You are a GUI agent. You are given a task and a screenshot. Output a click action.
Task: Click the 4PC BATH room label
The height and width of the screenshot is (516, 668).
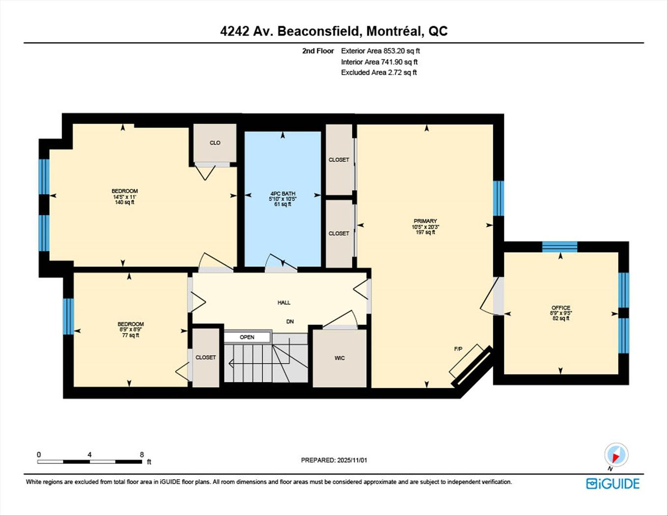(282, 194)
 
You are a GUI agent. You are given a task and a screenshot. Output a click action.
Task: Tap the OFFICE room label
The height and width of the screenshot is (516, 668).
(561, 308)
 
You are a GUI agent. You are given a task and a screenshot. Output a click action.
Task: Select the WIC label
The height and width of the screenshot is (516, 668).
(339, 358)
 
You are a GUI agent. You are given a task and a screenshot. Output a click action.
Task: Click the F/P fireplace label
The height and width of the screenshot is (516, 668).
(458, 349)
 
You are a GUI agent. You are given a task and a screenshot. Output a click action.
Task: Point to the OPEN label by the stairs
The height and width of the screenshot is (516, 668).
(247, 337)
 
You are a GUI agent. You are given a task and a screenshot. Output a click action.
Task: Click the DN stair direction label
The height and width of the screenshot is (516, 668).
(290, 321)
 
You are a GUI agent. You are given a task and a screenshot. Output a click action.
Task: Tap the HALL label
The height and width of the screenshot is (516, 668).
(284, 303)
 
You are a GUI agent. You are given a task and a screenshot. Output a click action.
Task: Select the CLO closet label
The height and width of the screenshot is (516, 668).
(215, 143)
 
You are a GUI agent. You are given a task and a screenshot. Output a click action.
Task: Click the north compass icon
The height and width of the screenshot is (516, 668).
(616, 455)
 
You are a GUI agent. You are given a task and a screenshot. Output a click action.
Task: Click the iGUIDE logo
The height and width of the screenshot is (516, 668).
(613, 484)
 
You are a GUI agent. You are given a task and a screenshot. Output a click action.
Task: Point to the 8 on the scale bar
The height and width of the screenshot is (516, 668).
(141, 455)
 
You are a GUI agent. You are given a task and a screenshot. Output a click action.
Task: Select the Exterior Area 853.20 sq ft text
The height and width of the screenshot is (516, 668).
(380, 51)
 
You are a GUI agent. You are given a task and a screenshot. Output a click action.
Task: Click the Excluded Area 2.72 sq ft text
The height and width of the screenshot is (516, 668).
(379, 72)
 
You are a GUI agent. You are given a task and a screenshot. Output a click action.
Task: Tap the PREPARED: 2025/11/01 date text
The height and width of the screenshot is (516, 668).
(334, 460)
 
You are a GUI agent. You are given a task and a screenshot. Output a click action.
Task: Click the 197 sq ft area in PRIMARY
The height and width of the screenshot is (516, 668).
(425, 232)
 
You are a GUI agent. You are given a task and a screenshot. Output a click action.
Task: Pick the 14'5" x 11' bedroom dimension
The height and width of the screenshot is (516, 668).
(124, 197)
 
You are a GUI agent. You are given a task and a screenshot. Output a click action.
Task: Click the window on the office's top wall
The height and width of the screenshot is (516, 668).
(559, 247)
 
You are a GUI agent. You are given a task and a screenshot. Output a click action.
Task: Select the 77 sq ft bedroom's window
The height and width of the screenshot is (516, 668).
(68, 316)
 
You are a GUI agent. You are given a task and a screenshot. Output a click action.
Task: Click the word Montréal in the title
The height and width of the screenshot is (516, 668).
(394, 31)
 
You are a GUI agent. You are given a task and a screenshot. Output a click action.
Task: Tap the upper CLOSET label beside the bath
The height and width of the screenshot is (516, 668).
(339, 160)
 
